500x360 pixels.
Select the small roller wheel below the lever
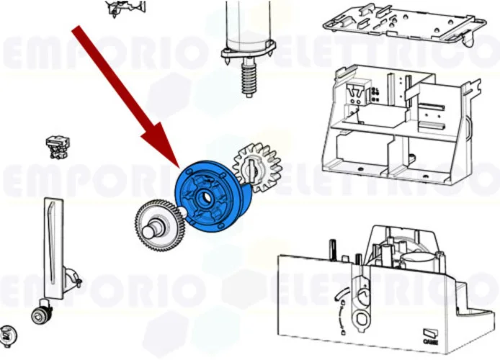(x=40, y=315)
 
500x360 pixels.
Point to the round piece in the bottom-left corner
(x=9, y=334)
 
